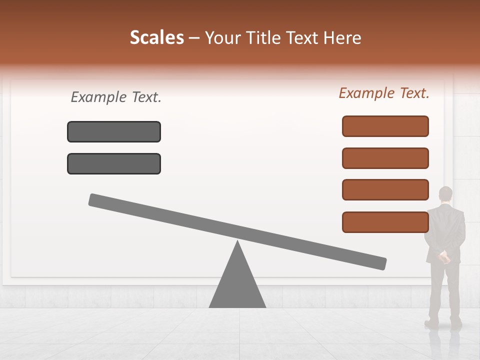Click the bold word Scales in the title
click(157, 37)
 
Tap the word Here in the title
click(342, 37)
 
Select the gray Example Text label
click(116, 97)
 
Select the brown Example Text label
click(384, 93)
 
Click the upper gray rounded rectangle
click(114, 131)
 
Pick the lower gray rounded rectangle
click(114, 163)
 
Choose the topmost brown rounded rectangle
click(385, 126)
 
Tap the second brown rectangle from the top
click(385, 158)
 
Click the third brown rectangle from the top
click(385, 190)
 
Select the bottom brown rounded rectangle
click(385, 222)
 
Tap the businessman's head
click(445, 193)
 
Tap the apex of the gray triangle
click(237, 242)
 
